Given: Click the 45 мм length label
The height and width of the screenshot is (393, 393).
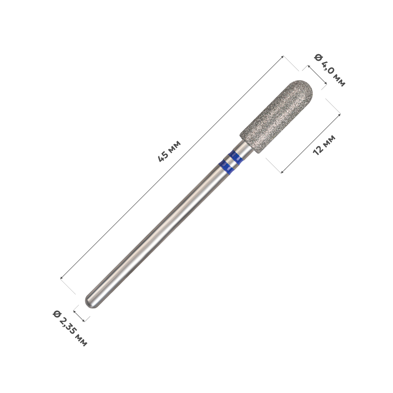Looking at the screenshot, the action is point(169,151).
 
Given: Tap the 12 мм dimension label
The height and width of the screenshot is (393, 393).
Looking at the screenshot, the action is point(324,145).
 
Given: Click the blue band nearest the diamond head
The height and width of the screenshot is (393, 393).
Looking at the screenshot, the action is point(236,157).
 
